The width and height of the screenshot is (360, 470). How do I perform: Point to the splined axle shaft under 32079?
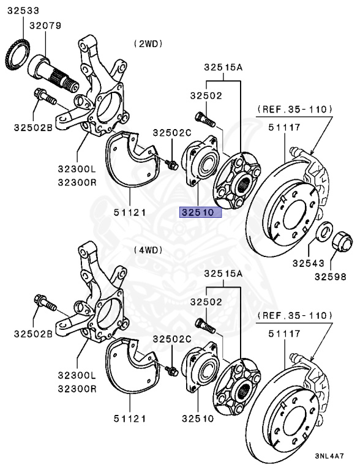point(56,71)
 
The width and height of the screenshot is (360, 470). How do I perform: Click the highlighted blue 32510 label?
point(200,212)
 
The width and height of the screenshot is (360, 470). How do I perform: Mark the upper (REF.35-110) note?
point(294,109)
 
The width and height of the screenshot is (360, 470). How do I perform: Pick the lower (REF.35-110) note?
point(294,315)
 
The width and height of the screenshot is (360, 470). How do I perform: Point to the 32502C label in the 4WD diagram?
point(172,338)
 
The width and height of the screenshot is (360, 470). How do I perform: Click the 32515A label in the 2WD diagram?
point(223,67)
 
